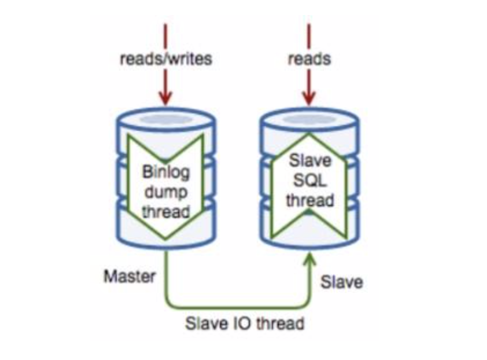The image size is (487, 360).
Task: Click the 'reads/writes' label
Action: (166, 59)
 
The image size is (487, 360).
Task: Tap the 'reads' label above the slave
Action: (309, 59)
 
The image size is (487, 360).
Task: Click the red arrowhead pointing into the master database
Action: (166, 98)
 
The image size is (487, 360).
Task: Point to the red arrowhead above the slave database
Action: (309, 98)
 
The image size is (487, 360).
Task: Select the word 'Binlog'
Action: (166, 172)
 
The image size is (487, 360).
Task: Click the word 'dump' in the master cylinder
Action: (166, 192)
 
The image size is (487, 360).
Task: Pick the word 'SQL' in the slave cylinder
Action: (309, 181)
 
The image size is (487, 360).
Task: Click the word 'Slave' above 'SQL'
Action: (309, 161)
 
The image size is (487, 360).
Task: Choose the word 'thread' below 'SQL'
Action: (309, 200)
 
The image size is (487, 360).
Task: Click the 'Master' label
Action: (130, 276)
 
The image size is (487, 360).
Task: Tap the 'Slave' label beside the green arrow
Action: (341, 282)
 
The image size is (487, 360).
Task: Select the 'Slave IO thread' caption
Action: (244, 322)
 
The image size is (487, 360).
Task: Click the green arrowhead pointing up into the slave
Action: (309, 262)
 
